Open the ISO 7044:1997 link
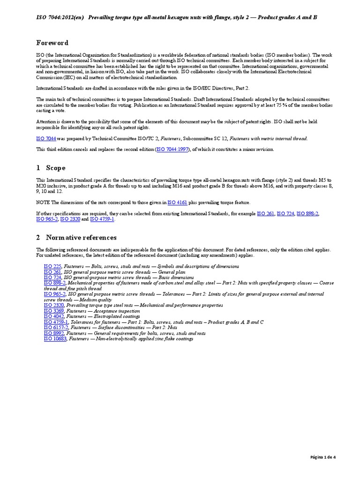pos(172,150)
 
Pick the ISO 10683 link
pos(55,338)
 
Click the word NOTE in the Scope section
pos(43,202)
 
